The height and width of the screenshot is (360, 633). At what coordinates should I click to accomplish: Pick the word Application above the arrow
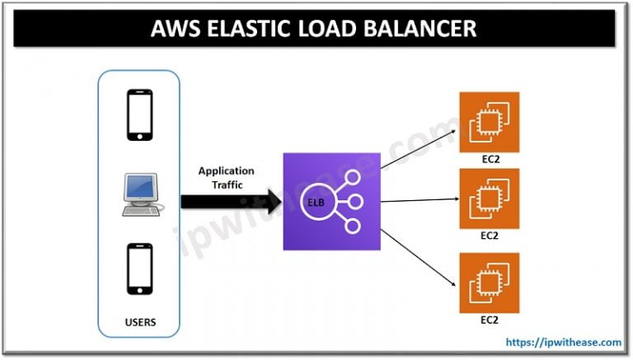click(x=226, y=171)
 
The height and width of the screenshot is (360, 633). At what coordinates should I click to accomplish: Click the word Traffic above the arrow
click(x=226, y=185)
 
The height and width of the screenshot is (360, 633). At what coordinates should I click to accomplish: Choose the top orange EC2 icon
click(x=490, y=121)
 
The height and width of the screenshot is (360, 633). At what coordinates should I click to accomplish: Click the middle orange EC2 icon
click(x=490, y=198)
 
